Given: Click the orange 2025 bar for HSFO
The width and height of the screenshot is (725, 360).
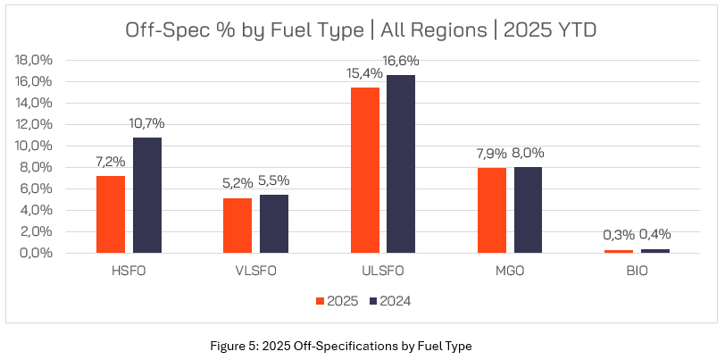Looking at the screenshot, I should point(110,214).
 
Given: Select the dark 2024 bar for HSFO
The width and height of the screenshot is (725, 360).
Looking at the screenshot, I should point(147,195).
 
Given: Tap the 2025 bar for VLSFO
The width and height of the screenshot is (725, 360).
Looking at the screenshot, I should point(237,225).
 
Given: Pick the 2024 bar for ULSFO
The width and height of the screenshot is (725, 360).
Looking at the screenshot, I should point(401,163).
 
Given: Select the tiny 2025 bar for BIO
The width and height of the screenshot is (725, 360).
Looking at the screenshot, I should point(619,251).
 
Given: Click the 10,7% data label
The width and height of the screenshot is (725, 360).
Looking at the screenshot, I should point(146,123).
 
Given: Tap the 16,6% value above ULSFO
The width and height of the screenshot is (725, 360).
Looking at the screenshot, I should point(401,61).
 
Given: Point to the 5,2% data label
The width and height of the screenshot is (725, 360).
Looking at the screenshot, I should point(237,183).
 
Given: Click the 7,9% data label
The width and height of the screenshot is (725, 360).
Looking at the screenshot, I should point(490,153).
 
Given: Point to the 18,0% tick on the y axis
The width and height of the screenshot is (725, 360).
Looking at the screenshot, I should point(35,60).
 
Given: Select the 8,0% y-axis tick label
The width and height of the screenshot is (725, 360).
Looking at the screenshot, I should point(37,167).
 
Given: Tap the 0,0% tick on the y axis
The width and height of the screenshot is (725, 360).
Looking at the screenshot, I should point(37,253).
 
